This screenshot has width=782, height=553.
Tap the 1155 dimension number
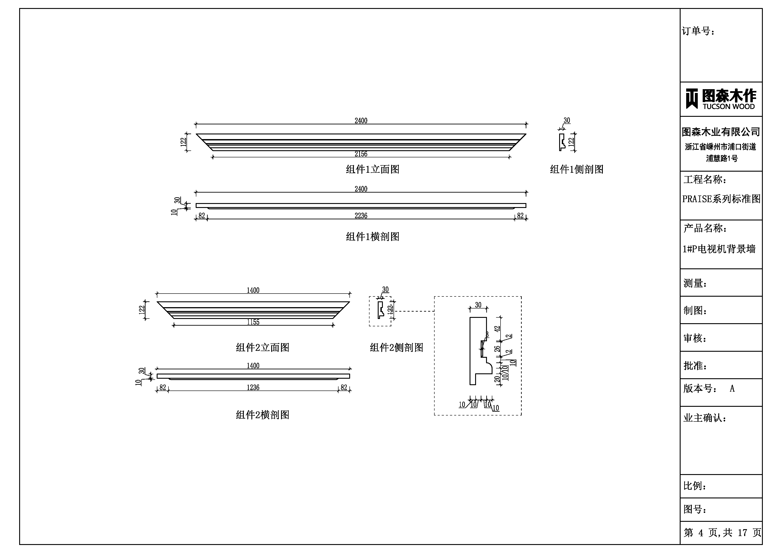253,322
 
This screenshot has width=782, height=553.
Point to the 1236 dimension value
253,387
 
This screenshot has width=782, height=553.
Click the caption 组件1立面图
373,169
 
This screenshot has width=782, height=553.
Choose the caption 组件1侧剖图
577,169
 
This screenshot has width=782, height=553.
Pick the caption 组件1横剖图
373,236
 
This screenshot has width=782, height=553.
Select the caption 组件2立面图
263,347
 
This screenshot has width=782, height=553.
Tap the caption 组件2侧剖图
397,347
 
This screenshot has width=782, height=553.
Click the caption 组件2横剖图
263,415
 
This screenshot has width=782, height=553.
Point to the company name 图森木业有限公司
721,132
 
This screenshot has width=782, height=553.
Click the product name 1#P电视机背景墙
719,249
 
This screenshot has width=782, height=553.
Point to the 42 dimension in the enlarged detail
497,329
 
